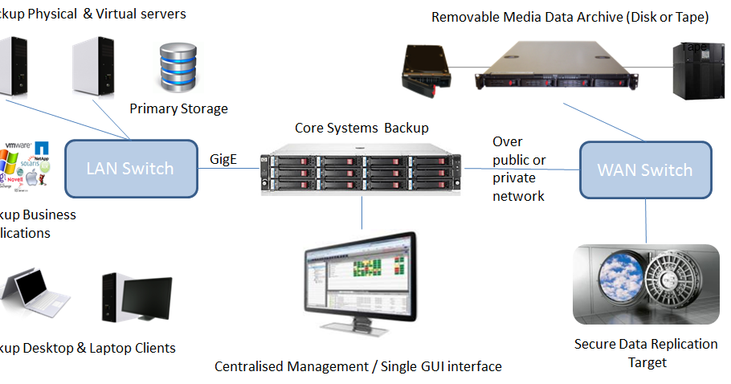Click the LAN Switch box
pos(130,169)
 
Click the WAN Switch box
pos(645,170)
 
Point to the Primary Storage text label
pos(178,108)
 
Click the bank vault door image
pos(646,284)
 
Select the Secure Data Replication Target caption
pos(646,353)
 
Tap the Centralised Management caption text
pos(357,366)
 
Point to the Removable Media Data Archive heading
pos(570,16)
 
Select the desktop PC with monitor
pos(137,301)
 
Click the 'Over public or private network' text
pos(518,169)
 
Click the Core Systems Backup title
pos(361,128)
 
